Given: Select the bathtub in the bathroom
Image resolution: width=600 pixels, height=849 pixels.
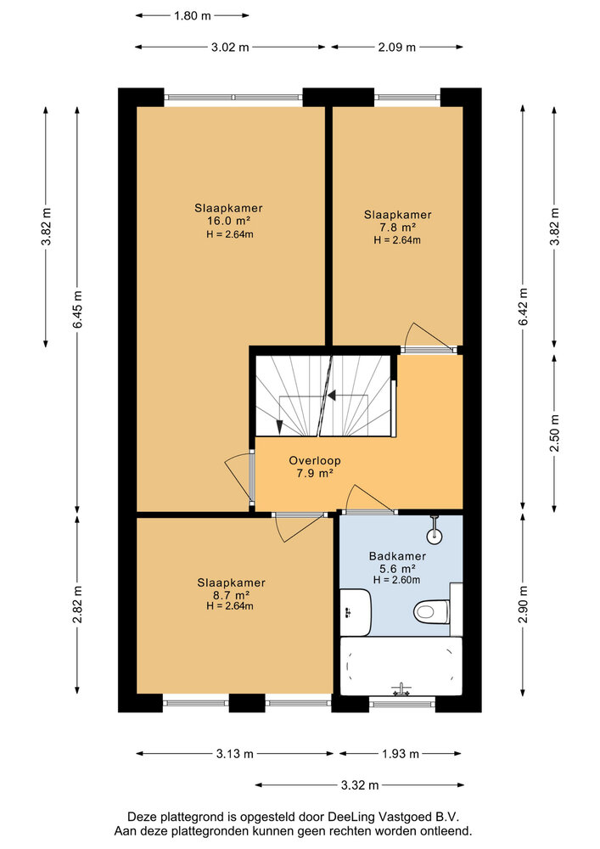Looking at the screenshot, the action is (x=401, y=666).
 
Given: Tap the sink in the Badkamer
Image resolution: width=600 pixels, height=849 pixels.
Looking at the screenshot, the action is (x=356, y=612).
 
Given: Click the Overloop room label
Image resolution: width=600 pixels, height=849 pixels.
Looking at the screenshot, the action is (x=314, y=461).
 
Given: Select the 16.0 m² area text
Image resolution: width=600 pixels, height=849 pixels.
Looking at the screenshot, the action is (x=228, y=221).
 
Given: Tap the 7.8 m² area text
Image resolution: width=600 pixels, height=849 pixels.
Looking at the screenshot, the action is (x=397, y=228).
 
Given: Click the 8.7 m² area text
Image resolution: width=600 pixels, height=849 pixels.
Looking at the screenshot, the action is (x=231, y=596).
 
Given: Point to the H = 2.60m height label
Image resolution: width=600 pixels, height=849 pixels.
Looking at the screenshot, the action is (x=396, y=580).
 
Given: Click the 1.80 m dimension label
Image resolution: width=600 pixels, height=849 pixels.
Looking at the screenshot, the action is (x=192, y=15).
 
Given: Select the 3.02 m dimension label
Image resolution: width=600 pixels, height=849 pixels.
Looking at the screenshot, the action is (x=230, y=47).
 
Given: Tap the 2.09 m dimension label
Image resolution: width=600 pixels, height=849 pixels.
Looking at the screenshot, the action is (x=397, y=47).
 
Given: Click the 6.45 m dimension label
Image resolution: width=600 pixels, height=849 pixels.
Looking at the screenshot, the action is (x=78, y=309).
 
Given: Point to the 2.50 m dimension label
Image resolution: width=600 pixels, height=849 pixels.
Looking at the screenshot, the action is (x=554, y=433).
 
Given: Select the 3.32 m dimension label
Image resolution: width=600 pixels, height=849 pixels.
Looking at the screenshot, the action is (x=360, y=785).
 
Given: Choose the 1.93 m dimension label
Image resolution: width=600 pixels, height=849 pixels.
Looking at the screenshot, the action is (x=401, y=754).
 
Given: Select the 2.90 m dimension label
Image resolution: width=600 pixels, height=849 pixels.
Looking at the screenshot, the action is (x=523, y=604).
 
